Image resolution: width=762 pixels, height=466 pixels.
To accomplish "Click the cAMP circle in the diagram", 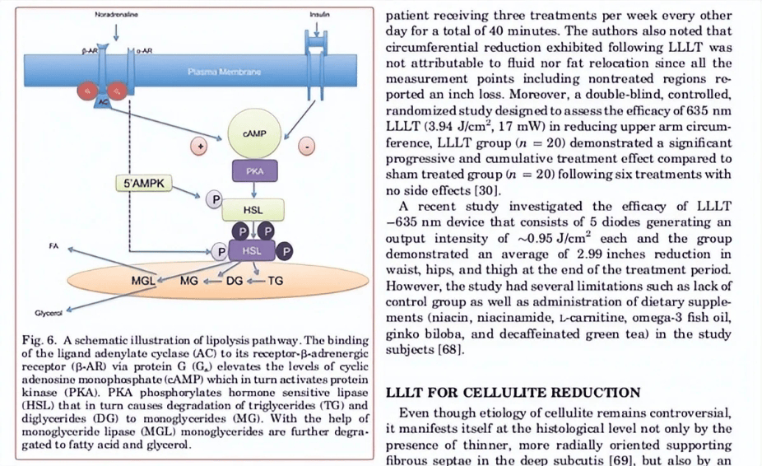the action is coord(253,133).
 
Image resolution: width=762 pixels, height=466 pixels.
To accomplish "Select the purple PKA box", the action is coord(254,170).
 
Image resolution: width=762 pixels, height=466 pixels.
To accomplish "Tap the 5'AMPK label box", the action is coord(144,184).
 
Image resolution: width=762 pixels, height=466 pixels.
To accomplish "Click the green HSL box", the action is coord(253,210).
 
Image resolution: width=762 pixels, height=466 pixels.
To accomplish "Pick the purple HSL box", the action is coord(252,250).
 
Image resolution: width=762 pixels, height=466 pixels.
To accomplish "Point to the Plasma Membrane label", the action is coord(224,72).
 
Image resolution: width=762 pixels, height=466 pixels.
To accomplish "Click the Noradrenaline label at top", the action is coord(116,15).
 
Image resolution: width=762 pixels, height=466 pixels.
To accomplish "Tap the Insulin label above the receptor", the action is coord(319,15).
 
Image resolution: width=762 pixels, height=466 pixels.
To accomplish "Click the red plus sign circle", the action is coord(199,146).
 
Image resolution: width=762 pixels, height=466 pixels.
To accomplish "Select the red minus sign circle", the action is coord(307,146).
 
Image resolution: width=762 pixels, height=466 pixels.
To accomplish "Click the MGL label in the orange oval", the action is coord(143,281).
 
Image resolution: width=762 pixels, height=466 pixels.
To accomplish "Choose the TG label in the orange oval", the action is coord(275,281).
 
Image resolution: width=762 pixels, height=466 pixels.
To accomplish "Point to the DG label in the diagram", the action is coord(235,281).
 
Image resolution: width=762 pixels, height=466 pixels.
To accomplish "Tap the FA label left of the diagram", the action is coord(53,246).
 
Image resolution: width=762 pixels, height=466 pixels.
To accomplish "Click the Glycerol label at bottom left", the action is coord(49,313).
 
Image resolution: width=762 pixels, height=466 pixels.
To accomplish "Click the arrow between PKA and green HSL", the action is coord(253,190).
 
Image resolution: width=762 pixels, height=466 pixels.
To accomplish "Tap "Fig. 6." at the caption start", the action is coord(39,340).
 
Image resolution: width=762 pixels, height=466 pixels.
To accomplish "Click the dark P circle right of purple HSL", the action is coord(286,251).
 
